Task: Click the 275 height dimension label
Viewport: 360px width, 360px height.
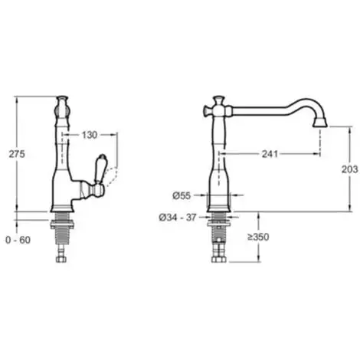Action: pos(17,154)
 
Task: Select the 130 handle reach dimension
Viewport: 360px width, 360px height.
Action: pos(90,135)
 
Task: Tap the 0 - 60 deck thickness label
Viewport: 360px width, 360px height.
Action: pos(18,240)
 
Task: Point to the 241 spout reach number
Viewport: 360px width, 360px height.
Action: pos(270,154)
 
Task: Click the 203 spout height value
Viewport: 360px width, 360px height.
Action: pos(350,169)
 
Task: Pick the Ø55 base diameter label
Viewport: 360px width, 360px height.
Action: pos(182,196)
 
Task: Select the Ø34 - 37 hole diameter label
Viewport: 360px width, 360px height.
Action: pos(178,218)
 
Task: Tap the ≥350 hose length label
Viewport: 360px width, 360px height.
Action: pos(258,237)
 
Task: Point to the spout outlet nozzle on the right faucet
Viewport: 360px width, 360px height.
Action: pos(320,122)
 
